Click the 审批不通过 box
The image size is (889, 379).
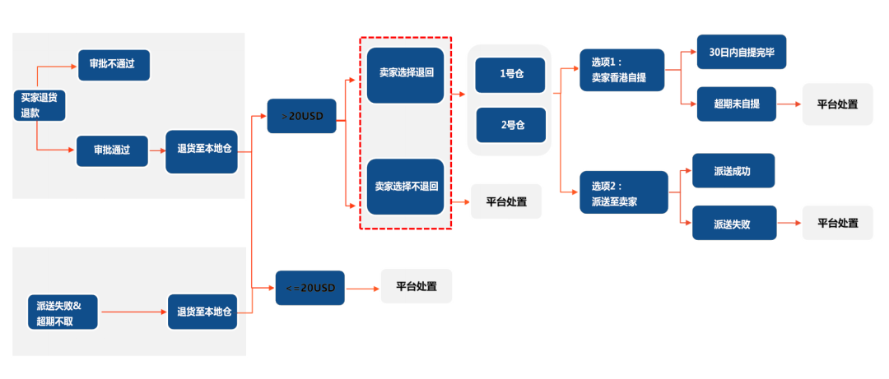coord(114,65)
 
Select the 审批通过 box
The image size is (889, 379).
coord(113,151)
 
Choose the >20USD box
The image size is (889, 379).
coord(301,116)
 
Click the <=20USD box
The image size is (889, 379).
coord(310,288)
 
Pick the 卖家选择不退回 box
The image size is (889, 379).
coord(405,187)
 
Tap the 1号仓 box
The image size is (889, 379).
coord(510,74)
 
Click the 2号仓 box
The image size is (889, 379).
coord(510,124)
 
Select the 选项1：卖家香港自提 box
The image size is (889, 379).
coord(621,70)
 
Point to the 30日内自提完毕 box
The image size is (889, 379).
coord(741,52)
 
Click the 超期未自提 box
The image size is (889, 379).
coord(736,104)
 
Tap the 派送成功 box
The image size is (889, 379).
coord(733,171)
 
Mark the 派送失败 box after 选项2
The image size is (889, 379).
coord(734,223)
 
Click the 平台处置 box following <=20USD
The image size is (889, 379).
coord(417,287)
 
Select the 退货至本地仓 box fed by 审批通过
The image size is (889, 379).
coord(202,151)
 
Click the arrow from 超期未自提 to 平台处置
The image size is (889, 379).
coord(788,105)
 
